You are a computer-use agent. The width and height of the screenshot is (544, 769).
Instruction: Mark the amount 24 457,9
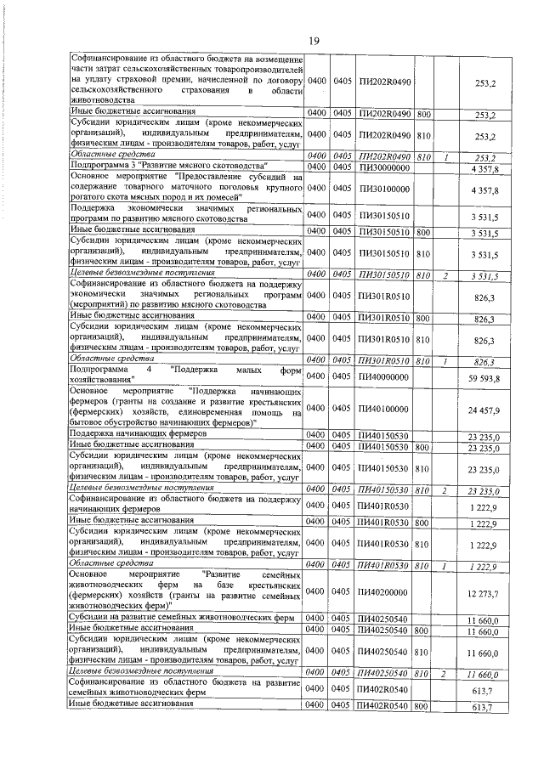click(x=483, y=409)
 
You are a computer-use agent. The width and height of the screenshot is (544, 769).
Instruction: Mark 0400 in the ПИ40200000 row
click(x=317, y=591)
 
